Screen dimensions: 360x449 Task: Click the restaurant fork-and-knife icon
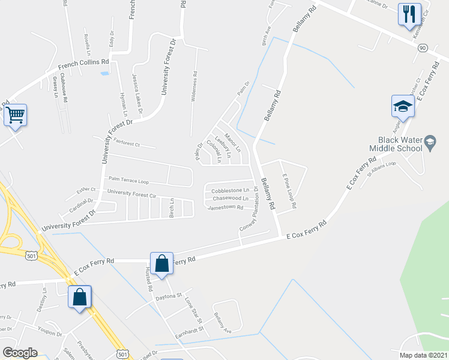(409, 14)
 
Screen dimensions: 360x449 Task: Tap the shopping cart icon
(15, 114)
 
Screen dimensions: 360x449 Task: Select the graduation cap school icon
(403, 107)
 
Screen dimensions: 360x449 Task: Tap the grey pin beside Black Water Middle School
(430, 142)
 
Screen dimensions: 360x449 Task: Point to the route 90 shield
(423, 47)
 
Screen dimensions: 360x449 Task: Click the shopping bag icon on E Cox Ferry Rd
(161, 263)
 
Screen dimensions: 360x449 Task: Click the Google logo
(20, 353)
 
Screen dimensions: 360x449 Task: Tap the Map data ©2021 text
(422, 355)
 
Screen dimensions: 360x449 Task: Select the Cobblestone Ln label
(229, 190)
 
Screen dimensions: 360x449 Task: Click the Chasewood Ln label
(231, 198)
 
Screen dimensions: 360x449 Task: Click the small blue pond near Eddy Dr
(105, 73)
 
